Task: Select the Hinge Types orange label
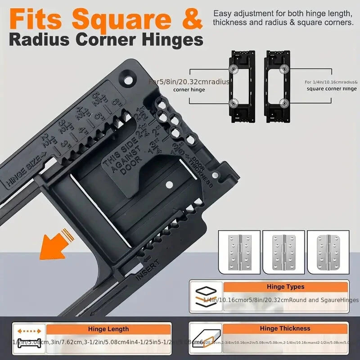(285, 286)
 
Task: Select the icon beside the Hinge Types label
(206, 297)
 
